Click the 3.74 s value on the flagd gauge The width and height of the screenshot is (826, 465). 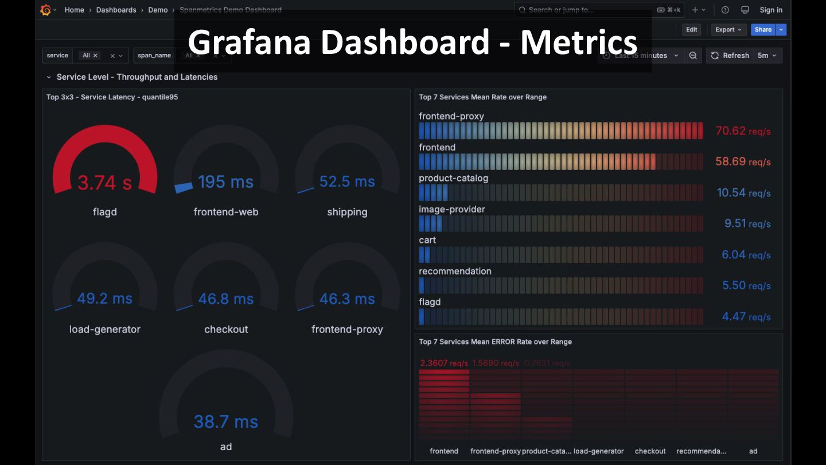pos(104,183)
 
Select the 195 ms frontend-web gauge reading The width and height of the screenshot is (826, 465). pos(225,182)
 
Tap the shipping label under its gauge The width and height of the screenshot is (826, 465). pos(347,212)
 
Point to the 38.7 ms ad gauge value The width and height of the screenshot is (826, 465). pos(226,422)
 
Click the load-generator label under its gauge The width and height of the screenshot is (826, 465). pos(104,329)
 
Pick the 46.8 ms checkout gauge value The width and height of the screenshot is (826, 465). pos(226,299)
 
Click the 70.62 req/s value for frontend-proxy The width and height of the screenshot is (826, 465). pos(743,131)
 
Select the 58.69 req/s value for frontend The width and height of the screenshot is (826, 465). pos(743,162)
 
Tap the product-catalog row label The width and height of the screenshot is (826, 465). pos(453,178)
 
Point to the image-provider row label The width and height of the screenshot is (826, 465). pos(451,209)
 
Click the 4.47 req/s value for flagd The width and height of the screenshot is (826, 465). pos(746,317)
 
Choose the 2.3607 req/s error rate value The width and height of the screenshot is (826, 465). pos(444,363)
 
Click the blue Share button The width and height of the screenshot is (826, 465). pos(763,30)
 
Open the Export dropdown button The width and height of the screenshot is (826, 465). pos(728,30)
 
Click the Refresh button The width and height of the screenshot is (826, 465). pos(730,56)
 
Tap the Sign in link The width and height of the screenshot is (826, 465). pos(771,10)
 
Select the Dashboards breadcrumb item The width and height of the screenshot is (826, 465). pos(116,10)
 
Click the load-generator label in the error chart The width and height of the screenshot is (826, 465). pos(598,451)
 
